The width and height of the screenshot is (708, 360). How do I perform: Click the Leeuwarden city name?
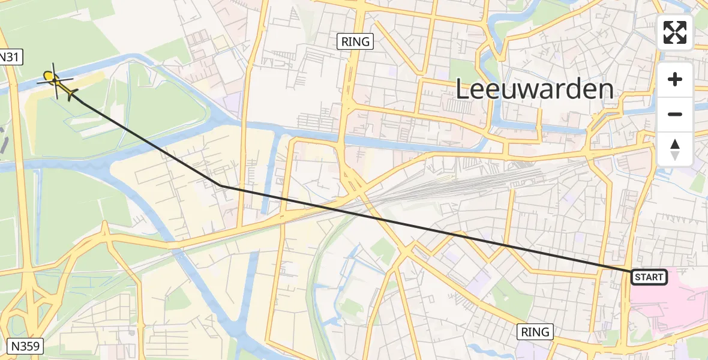pos(535,90)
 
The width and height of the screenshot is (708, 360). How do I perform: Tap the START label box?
pos(649,277)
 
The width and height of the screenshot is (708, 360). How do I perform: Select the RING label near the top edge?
pos(355,41)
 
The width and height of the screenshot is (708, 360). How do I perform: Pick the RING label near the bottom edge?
pos(535,332)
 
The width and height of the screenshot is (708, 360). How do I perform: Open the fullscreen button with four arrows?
pos(675,32)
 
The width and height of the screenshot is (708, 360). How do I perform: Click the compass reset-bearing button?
pos(675,149)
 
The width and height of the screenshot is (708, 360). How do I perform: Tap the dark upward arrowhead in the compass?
pos(675,144)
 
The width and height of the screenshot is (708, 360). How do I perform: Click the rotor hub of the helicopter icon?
pos(55,80)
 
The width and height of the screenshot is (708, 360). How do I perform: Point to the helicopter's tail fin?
pos(73,94)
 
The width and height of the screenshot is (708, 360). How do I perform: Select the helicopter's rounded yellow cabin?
pos(49,76)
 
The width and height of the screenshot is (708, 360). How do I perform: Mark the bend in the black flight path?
pos(223,186)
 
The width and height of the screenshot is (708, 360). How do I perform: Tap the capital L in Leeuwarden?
pos(463,90)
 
